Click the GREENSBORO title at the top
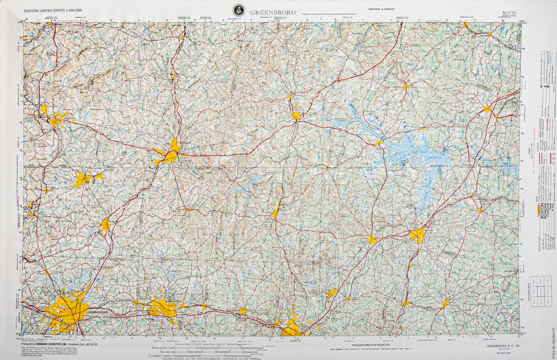click(x=273, y=12)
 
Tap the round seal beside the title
click(x=239, y=10)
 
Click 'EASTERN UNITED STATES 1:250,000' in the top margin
click(x=53, y=11)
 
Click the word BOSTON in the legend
click(x=542, y=212)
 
